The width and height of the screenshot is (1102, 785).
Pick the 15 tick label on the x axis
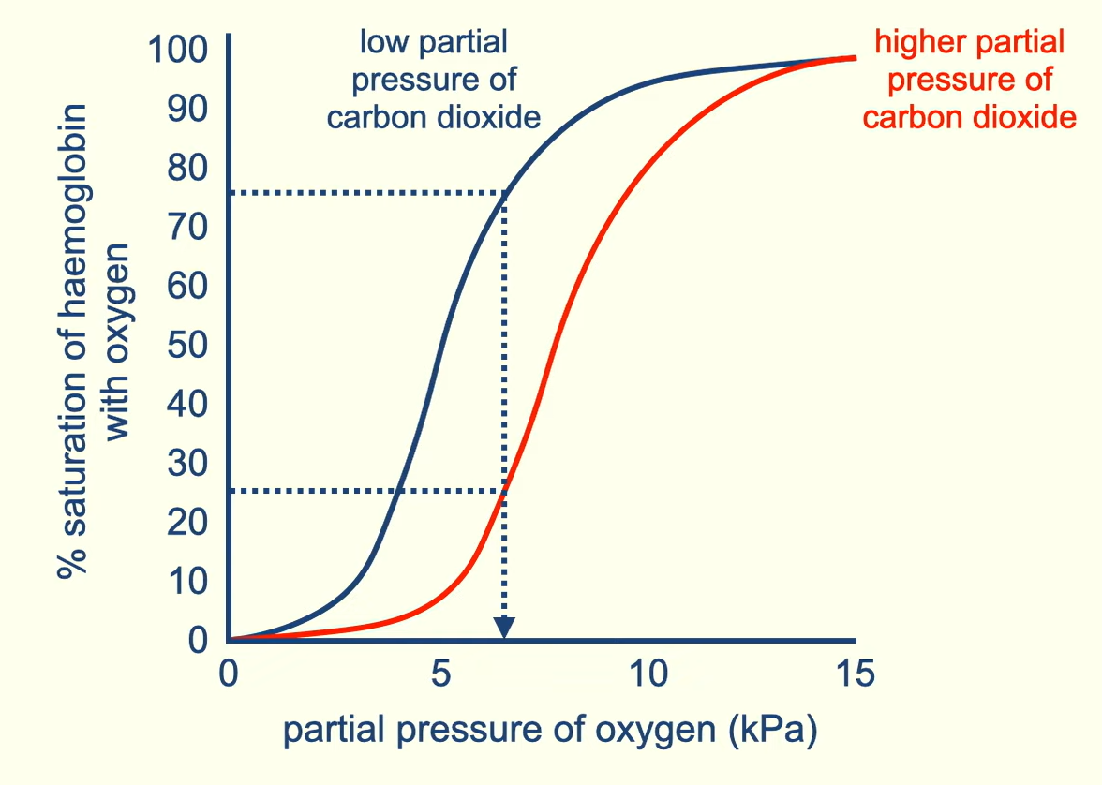(x=854, y=674)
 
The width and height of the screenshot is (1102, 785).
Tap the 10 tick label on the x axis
(x=648, y=674)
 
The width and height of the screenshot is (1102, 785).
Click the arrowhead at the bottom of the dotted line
(x=505, y=628)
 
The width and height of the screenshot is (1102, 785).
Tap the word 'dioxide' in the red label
(x=1021, y=118)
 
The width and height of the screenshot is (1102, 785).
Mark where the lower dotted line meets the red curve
(x=505, y=491)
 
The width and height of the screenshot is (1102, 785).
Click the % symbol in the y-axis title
(x=74, y=563)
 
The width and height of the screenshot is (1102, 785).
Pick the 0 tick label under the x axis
(x=229, y=674)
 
